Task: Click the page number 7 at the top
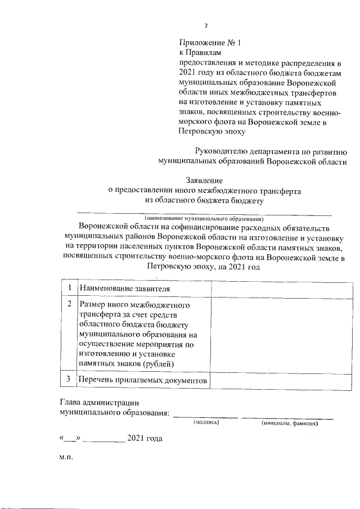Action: (x=206, y=26)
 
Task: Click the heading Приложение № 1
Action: (x=205, y=43)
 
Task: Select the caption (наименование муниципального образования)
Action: (x=204, y=218)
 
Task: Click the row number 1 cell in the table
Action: (x=69, y=288)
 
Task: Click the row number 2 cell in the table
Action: (x=69, y=304)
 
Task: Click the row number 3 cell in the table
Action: (x=69, y=380)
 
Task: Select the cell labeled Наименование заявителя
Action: (x=124, y=289)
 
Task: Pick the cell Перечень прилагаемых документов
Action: (x=143, y=381)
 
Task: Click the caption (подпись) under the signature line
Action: (x=205, y=422)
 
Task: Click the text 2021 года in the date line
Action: (x=145, y=438)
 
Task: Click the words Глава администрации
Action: (x=99, y=403)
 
